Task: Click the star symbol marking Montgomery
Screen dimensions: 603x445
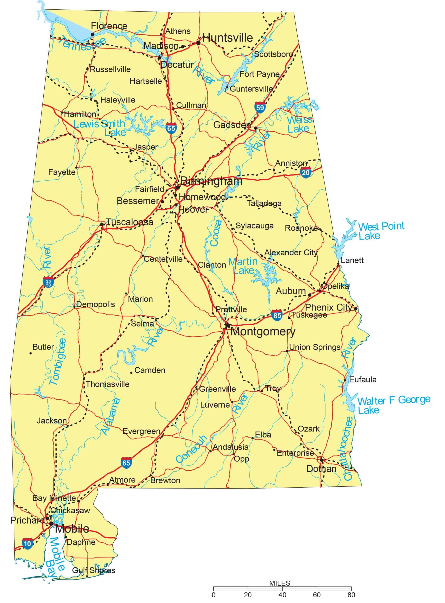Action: [228, 325]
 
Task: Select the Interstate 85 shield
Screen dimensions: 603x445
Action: [277, 315]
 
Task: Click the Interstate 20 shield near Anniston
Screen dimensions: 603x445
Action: [306, 172]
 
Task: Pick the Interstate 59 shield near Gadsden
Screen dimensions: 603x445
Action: [260, 108]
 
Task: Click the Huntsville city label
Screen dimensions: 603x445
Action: [227, 38]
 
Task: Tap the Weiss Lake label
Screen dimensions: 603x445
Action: [299, 124]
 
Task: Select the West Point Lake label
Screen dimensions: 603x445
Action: [380, 231]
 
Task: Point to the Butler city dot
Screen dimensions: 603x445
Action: [31, 353]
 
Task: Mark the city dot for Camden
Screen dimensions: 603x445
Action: [131, 373]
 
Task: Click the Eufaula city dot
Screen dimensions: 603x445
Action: [345, 380]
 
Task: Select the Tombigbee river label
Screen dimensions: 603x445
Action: [58, 362]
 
